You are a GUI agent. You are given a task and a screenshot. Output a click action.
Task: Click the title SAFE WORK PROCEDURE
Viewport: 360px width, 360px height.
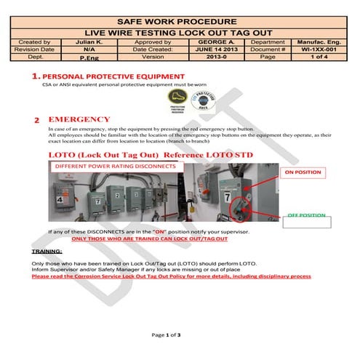click(180, 20)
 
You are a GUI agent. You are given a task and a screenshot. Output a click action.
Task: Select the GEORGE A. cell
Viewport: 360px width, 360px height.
click(216, 44)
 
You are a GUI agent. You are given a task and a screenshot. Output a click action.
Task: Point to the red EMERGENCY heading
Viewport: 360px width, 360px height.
click(79, 120)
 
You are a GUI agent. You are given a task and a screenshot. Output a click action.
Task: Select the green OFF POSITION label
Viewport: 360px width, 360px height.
click(306, 216)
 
